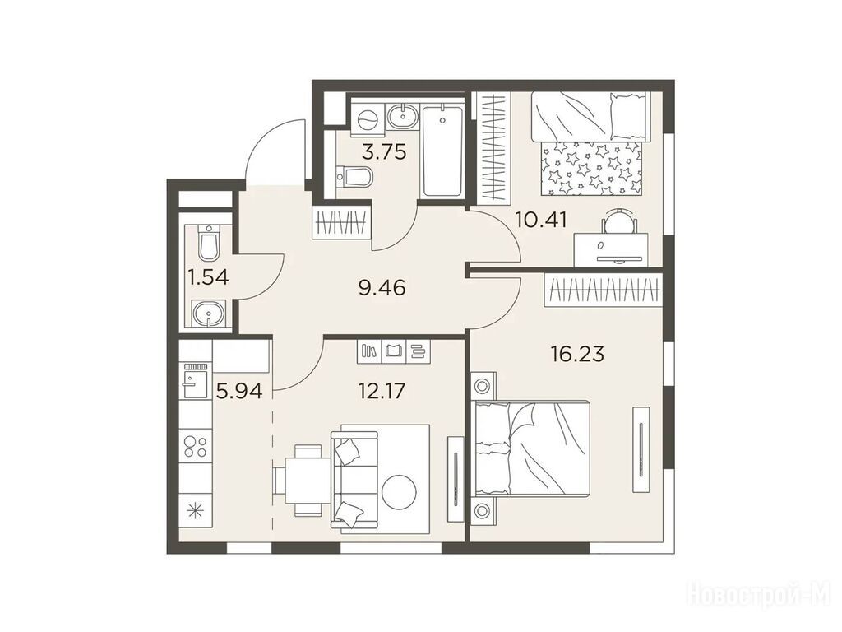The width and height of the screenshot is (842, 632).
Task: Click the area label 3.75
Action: (x=384, y=152)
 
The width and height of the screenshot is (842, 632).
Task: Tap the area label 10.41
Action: (x=541, y=219)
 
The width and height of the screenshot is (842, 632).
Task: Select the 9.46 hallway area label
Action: (x=382, y=289)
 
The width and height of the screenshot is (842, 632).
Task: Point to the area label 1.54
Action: (x=208, y=277)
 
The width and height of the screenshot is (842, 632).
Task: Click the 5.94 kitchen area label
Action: (x=239, y=391)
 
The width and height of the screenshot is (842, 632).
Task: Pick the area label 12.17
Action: (x=382, y=391)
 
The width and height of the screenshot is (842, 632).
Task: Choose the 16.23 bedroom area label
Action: (x=577, y=354)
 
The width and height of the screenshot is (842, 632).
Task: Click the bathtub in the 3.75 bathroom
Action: (x=442, y=151)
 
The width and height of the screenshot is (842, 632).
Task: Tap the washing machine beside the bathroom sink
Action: (x=368, y=119)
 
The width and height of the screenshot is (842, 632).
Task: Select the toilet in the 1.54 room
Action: (x=208, y=244)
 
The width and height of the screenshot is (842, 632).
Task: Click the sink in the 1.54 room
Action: (x=208, y=313)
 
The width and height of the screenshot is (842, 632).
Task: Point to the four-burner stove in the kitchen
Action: (x=196, y=446)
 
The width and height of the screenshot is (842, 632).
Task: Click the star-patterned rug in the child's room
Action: (x=591, y=168)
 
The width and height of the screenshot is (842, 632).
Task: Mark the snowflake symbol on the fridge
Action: (x=195, y=510)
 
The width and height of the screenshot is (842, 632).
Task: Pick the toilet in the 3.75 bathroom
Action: (x=354, y=177)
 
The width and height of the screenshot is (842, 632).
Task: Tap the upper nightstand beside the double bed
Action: (x=482, y=387)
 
